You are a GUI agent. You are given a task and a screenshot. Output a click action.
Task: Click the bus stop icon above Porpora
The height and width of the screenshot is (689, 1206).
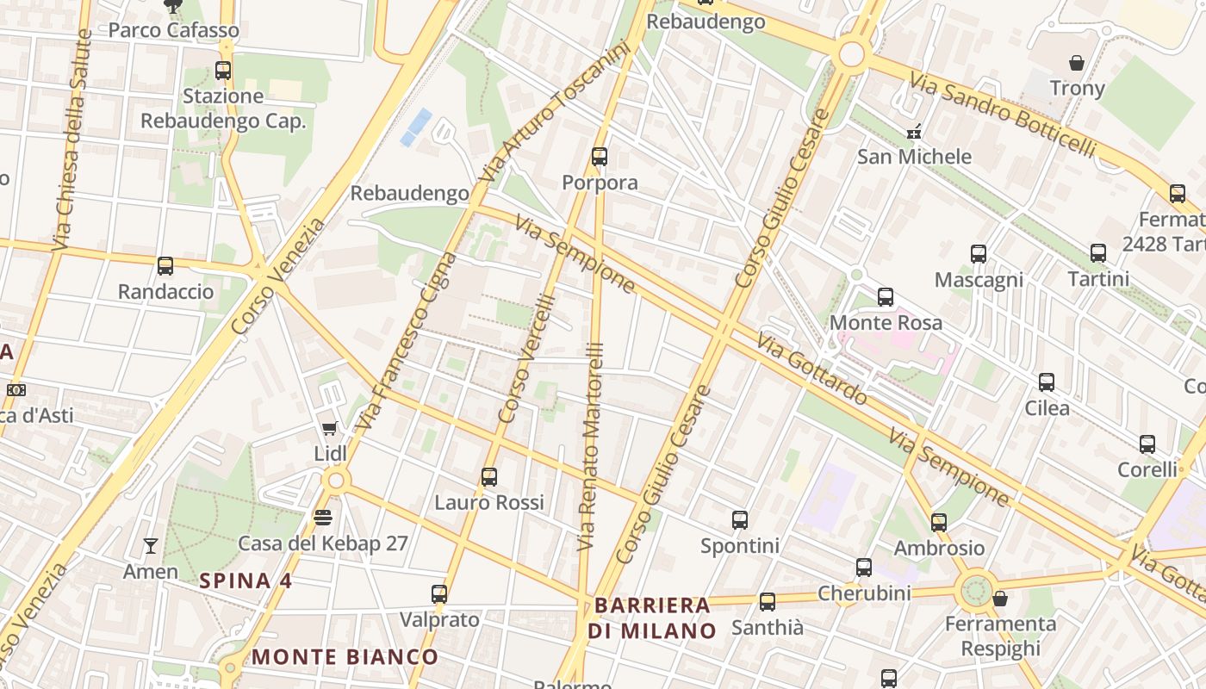coord(600,157)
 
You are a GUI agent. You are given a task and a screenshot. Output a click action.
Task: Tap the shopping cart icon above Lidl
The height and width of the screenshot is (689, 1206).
coord(329,428)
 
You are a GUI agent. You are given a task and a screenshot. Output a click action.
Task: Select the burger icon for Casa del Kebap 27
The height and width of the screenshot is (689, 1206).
coord(323,517)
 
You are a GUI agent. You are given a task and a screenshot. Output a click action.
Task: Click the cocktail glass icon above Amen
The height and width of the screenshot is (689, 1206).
coord(151,545)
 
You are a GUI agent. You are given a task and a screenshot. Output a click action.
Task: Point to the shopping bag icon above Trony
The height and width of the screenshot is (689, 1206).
coord(1076,63)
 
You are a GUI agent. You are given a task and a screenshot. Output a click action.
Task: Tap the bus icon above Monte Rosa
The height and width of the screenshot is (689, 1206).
coord(885,297)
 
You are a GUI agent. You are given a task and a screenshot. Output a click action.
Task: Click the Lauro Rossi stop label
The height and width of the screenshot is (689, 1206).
coord(489,502)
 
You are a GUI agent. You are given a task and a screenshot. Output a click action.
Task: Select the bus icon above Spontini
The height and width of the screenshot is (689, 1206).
coord(740,519)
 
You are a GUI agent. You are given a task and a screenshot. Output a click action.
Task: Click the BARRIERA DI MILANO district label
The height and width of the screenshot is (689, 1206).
coord(652,618)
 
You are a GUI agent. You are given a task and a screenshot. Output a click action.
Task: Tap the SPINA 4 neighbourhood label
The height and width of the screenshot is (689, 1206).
coord(246,580)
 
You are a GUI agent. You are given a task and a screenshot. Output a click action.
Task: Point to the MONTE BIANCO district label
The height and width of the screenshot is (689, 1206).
coord(345,657)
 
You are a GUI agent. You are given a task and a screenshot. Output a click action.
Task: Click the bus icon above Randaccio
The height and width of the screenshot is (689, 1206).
coord(165,266)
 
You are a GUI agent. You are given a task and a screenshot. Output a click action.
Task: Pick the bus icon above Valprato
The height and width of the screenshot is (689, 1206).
coord(439,593)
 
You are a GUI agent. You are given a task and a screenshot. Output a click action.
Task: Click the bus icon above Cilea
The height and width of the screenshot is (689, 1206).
coord(1047,382)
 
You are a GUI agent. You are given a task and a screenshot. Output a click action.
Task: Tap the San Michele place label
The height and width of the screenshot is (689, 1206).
coord(914,157)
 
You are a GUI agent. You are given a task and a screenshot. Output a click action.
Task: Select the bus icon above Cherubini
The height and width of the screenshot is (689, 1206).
coord(864,568)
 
